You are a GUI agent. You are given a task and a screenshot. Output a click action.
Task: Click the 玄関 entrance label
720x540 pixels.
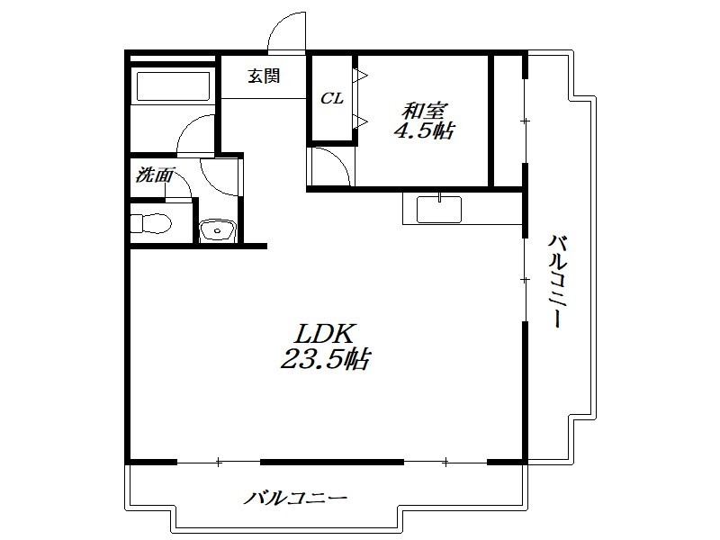pos(264,76)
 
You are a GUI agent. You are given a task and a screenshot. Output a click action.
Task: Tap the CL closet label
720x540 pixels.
pos(331,98)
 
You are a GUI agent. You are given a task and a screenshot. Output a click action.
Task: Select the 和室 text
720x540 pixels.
pos(425,111)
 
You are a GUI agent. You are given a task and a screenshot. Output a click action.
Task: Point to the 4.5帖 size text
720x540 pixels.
pos(424,131)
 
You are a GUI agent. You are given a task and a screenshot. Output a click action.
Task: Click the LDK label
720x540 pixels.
pos(325,334)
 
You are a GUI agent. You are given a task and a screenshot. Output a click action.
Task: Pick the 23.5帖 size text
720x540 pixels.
pos(325,358)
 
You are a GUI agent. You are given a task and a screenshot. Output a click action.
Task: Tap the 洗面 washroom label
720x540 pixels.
pos(155,175)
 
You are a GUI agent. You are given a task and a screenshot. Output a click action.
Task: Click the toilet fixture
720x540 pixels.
pos(150,224)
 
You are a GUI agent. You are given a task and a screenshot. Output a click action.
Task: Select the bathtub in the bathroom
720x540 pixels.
pos(174,85)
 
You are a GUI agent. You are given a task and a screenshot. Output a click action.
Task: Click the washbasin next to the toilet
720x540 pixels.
pos(218,230)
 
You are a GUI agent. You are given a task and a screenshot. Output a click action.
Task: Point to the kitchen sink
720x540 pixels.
pos(439,210)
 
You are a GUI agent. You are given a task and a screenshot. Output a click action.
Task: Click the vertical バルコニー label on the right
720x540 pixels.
pos(556,281)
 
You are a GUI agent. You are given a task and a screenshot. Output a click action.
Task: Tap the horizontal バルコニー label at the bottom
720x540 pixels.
pos(295,499)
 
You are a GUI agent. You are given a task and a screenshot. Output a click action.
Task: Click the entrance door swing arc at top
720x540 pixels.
pos(278,23)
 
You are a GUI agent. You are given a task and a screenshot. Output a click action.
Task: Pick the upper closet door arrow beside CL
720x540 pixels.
pos(360,76)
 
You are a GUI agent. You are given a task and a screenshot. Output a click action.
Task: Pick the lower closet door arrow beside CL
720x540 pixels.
pos(360,121)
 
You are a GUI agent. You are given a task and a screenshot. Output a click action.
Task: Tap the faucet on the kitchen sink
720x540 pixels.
pos(439,197)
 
